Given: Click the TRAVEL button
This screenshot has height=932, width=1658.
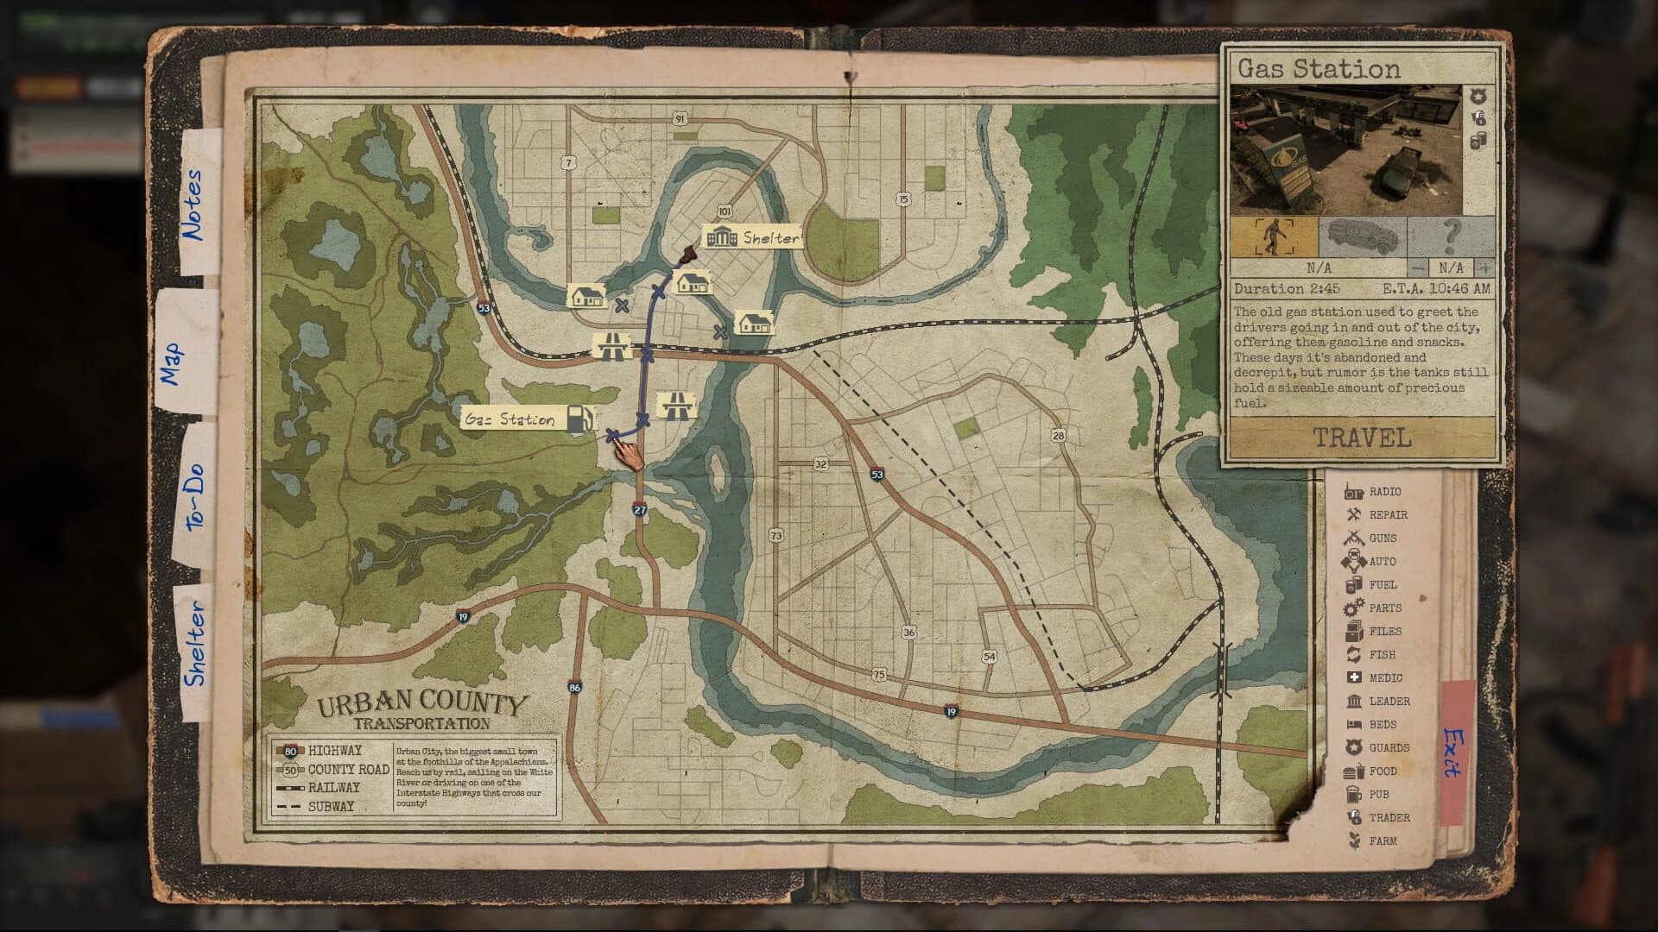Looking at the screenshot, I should point(1362,438).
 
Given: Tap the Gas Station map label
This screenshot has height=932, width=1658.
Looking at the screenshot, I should point(510,419).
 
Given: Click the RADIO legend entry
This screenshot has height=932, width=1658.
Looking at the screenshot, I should point(1384,491).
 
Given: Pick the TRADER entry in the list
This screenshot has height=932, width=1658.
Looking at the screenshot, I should point(1389,817).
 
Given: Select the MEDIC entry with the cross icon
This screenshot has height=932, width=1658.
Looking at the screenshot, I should point(1385,677).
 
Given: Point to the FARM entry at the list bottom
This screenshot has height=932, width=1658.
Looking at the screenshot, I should point(1382,841).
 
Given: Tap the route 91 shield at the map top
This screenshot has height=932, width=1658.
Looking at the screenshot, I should point(680,119).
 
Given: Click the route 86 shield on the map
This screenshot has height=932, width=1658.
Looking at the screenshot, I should point(575,688).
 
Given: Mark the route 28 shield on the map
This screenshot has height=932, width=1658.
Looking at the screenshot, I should point(1059,435).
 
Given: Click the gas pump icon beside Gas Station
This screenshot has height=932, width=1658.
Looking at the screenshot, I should point(581,419).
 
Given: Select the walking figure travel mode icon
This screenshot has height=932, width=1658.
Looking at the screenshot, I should point(1274,236).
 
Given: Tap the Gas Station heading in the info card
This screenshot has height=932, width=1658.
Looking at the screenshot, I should point(1319,69).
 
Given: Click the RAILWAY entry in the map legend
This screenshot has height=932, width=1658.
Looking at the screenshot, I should point(333,787).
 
